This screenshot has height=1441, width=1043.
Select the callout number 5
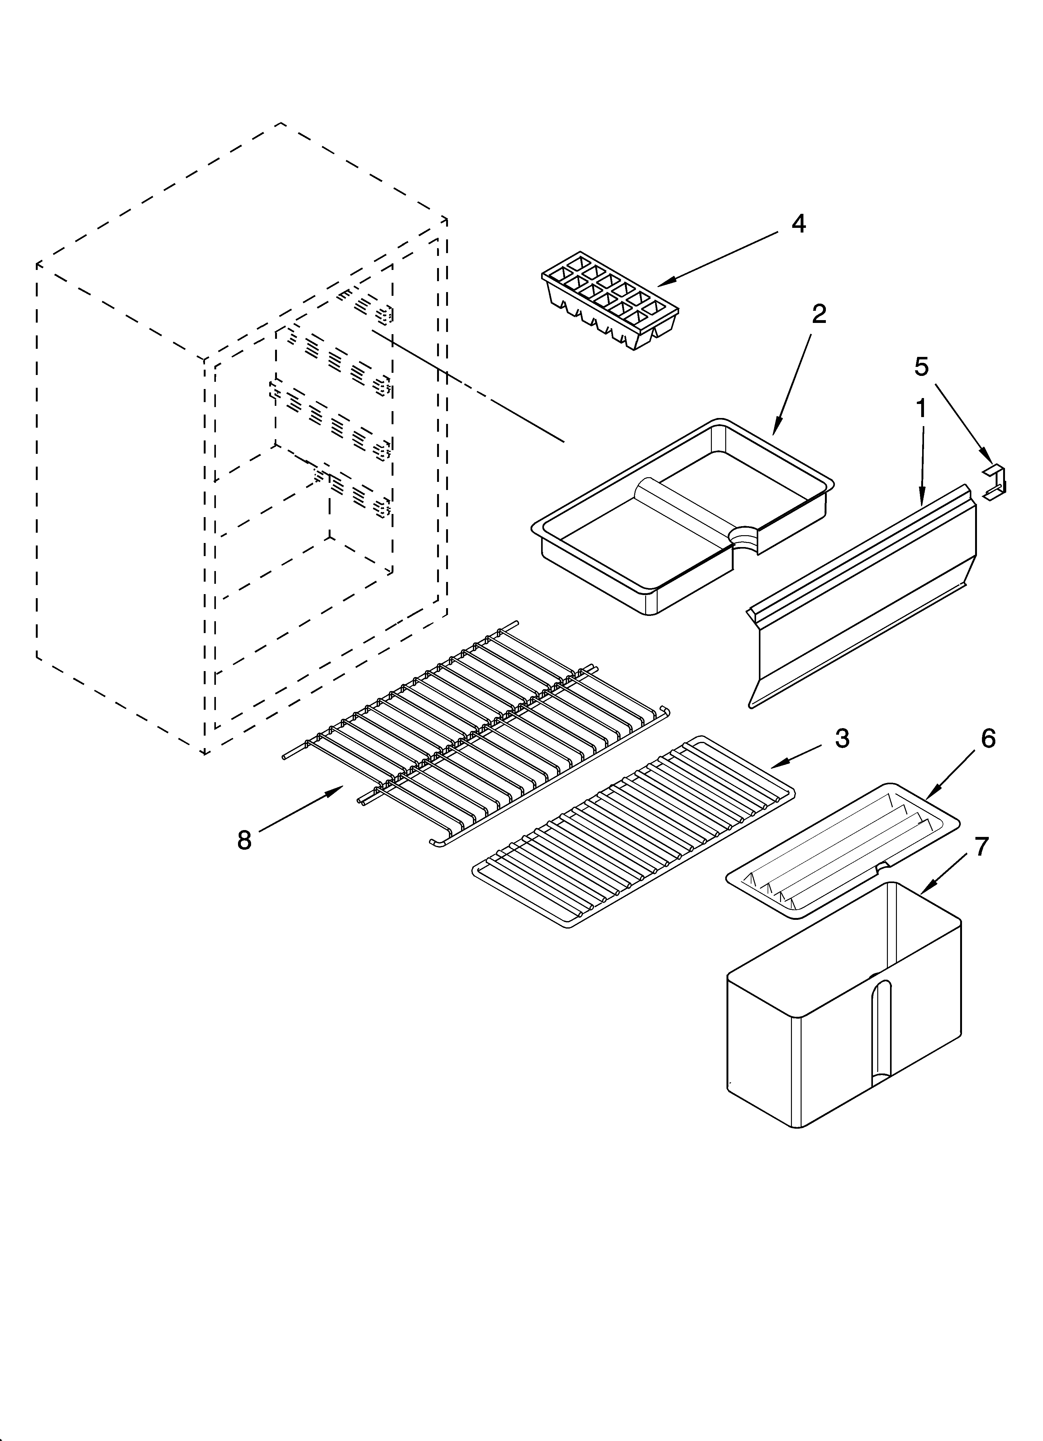(x=921, y=367)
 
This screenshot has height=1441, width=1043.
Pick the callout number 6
(x=988, y=738)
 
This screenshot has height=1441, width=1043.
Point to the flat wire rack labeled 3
(x=632, y=832)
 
